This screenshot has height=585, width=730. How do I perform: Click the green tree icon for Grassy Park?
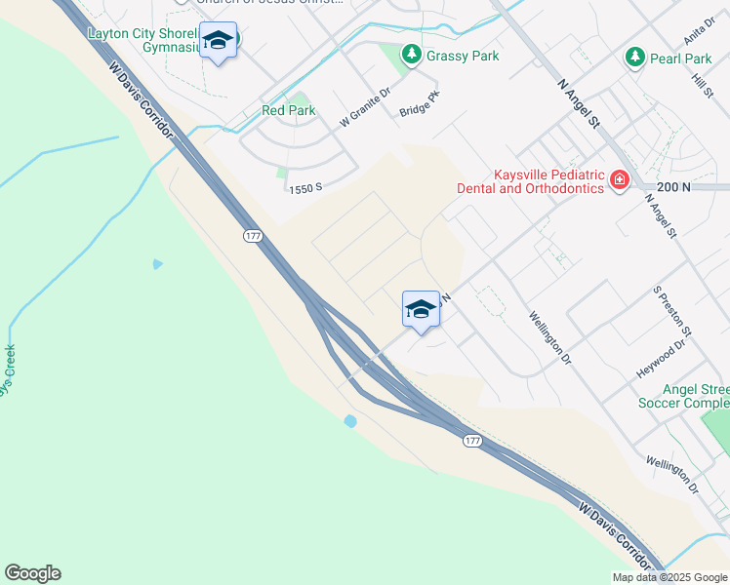411,56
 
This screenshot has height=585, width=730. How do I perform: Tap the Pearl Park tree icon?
635,58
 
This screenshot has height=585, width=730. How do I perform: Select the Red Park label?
288,110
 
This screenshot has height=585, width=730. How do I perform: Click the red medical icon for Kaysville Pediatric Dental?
619,180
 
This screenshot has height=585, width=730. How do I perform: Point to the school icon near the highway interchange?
421,310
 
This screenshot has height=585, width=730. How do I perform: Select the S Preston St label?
672,312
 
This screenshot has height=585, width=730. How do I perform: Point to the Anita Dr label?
696,32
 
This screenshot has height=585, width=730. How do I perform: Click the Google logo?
32,573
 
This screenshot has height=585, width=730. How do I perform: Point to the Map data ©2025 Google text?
669,577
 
